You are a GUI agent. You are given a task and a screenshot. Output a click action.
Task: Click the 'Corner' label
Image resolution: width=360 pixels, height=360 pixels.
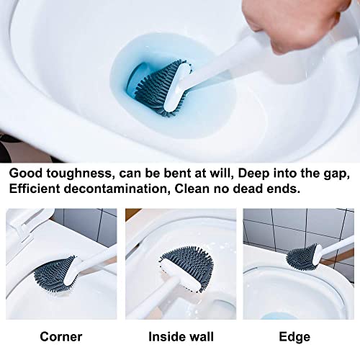pos(60,336)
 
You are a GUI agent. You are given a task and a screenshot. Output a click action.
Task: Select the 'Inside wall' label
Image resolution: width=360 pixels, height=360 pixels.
pos(180,336)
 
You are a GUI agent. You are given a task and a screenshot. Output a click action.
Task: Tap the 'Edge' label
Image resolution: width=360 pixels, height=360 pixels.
pos(295,336)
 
